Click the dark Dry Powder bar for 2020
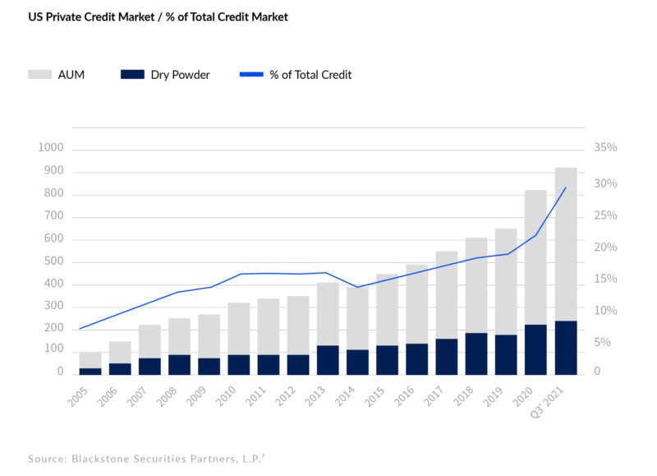tap(535, 349)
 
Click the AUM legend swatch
tap(40, 75)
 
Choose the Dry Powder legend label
tap(180, 75)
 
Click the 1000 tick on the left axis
tap(50, 149)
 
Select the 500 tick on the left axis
tap(53, 262)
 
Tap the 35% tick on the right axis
tap(605, 149)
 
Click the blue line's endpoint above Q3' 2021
tap(565, 187)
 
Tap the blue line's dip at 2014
tap(357, 287)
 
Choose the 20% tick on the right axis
tap(605, 247)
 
